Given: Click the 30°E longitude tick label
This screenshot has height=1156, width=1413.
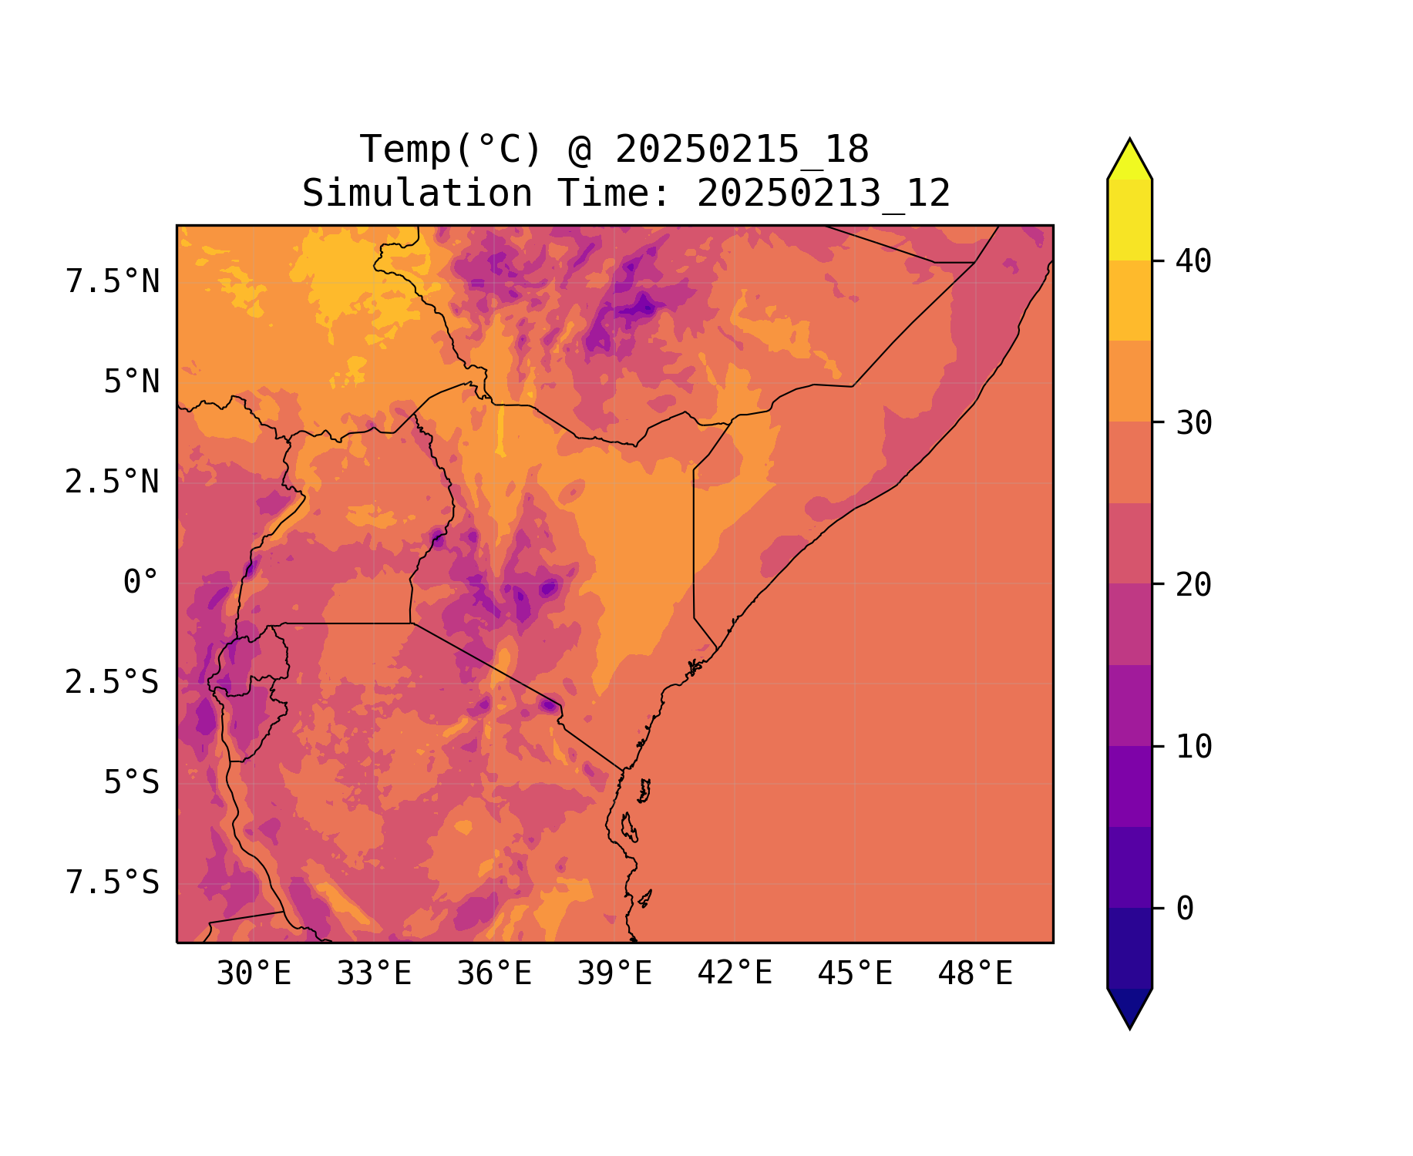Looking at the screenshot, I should pos(254,974).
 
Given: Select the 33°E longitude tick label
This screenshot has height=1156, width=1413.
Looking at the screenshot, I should pos(374,974).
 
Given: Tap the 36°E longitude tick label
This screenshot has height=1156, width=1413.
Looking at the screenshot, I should pos(494,974).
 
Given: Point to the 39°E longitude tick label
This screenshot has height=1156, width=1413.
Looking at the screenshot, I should pos(614,974).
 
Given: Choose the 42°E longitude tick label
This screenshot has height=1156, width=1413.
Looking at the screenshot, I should pos(735,974).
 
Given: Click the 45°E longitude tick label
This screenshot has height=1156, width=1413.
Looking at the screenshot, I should pos(855,974).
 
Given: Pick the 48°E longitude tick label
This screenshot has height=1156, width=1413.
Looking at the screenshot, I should pos(975,974).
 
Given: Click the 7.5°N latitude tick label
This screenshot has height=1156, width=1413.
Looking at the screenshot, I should pos(113,282).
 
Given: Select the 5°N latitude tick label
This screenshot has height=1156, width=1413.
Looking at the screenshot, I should pos(132,382).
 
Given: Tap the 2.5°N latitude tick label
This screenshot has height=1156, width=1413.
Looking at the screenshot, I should pos(113,482).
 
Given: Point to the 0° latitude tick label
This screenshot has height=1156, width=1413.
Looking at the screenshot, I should pos(141,583).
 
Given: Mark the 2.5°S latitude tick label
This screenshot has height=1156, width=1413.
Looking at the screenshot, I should pos(113,683).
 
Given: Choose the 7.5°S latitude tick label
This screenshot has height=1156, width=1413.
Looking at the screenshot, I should pos(113,883).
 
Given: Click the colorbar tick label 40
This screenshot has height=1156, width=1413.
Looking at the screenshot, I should pos(1194,261).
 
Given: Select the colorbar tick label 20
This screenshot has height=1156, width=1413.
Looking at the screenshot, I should pos(1194,585).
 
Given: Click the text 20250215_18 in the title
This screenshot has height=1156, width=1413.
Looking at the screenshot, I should pos(742,150).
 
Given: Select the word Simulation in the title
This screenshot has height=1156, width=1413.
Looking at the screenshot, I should pos(417,193).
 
